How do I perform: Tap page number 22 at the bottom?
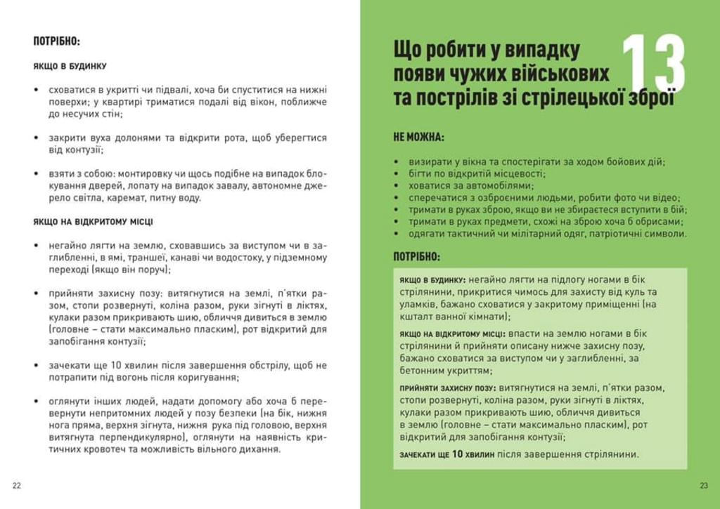click(x=17, y=485)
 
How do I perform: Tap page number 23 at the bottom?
click(x=703, y=485)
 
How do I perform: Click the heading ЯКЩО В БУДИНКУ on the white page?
click(x=70, y=66)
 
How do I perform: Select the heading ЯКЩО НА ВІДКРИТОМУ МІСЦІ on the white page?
click(x=93, y=222)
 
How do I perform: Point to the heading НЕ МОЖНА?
click(x=419, y=138)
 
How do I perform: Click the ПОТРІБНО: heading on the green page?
click(x=417, y=256)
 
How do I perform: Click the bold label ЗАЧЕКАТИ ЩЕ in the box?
click(x=424, y=455)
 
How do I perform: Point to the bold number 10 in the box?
click(x=457, y=454)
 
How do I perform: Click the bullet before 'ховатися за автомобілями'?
click(x=397, y=186)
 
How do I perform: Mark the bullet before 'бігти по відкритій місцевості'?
click(x=397, y=174)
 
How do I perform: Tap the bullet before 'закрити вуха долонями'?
click(x=36, y=138)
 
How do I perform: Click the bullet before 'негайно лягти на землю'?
click(x=36, y=246)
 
